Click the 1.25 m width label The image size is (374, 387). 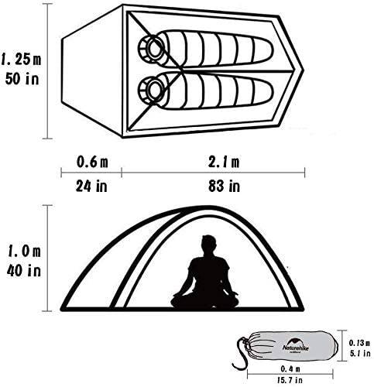tap(21, 60)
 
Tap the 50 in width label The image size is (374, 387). tap(22, 78)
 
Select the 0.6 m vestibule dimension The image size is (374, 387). tap(92, 163)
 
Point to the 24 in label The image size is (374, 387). tap(91, 186)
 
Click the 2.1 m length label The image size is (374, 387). tap(224, 163)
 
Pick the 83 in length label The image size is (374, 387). tap(224, 186)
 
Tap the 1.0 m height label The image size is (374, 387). tap(24, 251)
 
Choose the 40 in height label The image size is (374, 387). tap(24, 270)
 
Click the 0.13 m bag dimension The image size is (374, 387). tap(359, 343)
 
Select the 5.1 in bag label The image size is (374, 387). tap(360, 353)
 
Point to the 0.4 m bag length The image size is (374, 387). tap(290, 369)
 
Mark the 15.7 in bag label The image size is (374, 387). tap(290, 380)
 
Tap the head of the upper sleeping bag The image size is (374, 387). tap(151, 49)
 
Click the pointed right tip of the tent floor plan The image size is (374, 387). tap(304, 70)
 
